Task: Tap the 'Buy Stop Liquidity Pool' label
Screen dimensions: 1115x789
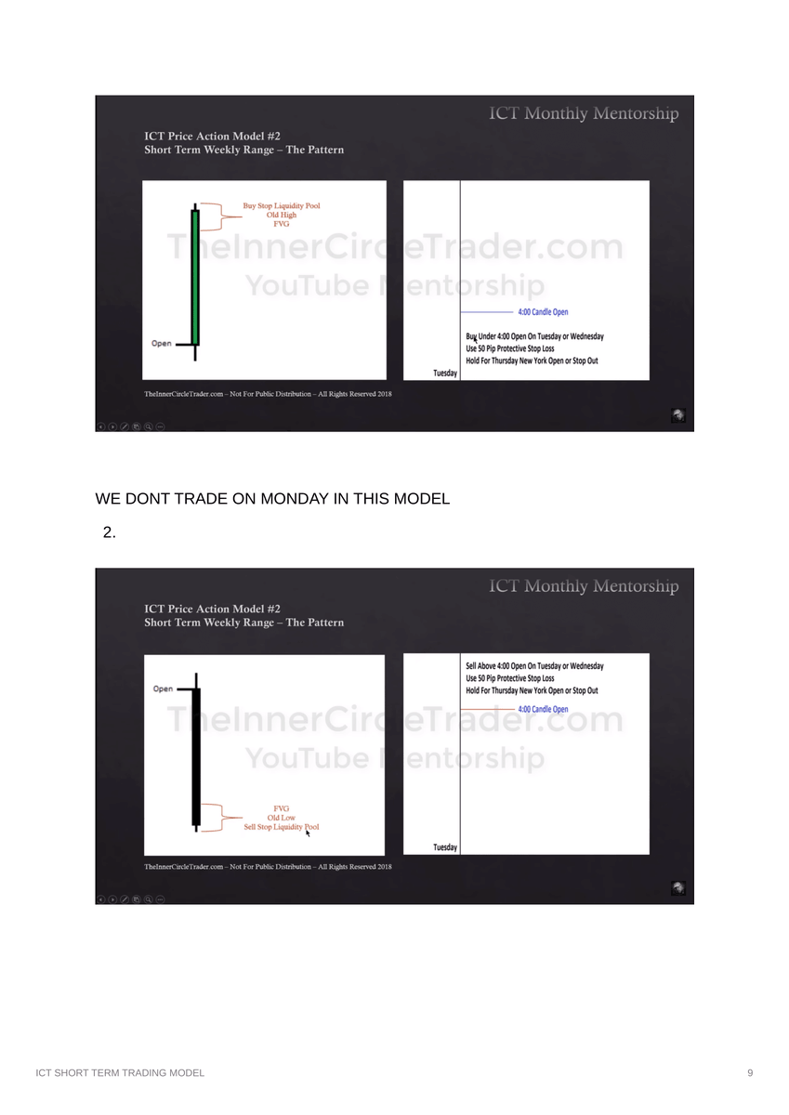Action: point(281,205)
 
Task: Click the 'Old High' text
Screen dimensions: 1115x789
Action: point(281,215)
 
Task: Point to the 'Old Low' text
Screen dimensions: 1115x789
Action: point(281,818)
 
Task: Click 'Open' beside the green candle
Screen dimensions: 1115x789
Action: point(162,344)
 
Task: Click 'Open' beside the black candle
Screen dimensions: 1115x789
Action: point(163,689)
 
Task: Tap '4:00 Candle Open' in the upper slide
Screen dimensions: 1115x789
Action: point(543,312)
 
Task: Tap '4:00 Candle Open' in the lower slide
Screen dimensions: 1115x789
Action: point(543,709)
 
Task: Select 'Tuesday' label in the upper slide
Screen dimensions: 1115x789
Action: point(445,373)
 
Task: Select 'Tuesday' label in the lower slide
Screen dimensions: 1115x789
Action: point(445,847)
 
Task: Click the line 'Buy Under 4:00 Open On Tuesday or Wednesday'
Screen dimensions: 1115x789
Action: point(534,336)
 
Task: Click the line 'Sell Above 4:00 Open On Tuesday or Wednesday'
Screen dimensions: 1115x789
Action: point(534,666)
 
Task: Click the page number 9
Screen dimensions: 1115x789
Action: point(750,1072)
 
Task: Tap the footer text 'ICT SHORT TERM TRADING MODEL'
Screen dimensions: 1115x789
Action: point(120,1072)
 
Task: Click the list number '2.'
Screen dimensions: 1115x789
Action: point(109,532)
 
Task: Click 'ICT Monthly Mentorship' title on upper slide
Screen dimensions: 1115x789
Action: point(585,113)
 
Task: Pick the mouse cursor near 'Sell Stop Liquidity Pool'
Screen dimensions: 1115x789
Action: point(308,833)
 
